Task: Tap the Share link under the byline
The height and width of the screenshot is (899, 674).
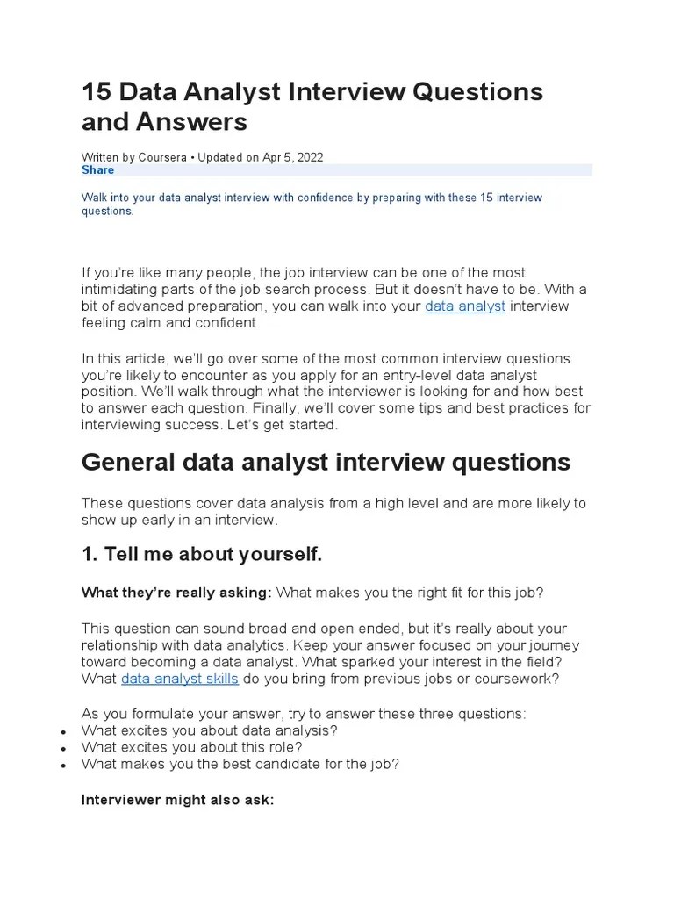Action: (x=97, y=170)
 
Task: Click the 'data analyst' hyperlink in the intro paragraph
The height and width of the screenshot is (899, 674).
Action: (x=464, y=306)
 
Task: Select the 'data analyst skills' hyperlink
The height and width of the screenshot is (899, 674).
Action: (x=180, y=679)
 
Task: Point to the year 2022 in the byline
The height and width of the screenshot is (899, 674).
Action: (x=309, y=157)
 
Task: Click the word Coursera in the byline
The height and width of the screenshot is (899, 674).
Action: (x=163, y=157)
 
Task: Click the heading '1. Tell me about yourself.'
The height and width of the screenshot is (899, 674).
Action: (x=202, y=554)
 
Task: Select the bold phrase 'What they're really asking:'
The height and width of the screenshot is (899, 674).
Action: (x=176, y=593)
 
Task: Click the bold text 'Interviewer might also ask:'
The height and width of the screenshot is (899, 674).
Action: (x=178, y=800)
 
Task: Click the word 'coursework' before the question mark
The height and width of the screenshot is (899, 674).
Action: (x=517, y=679)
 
